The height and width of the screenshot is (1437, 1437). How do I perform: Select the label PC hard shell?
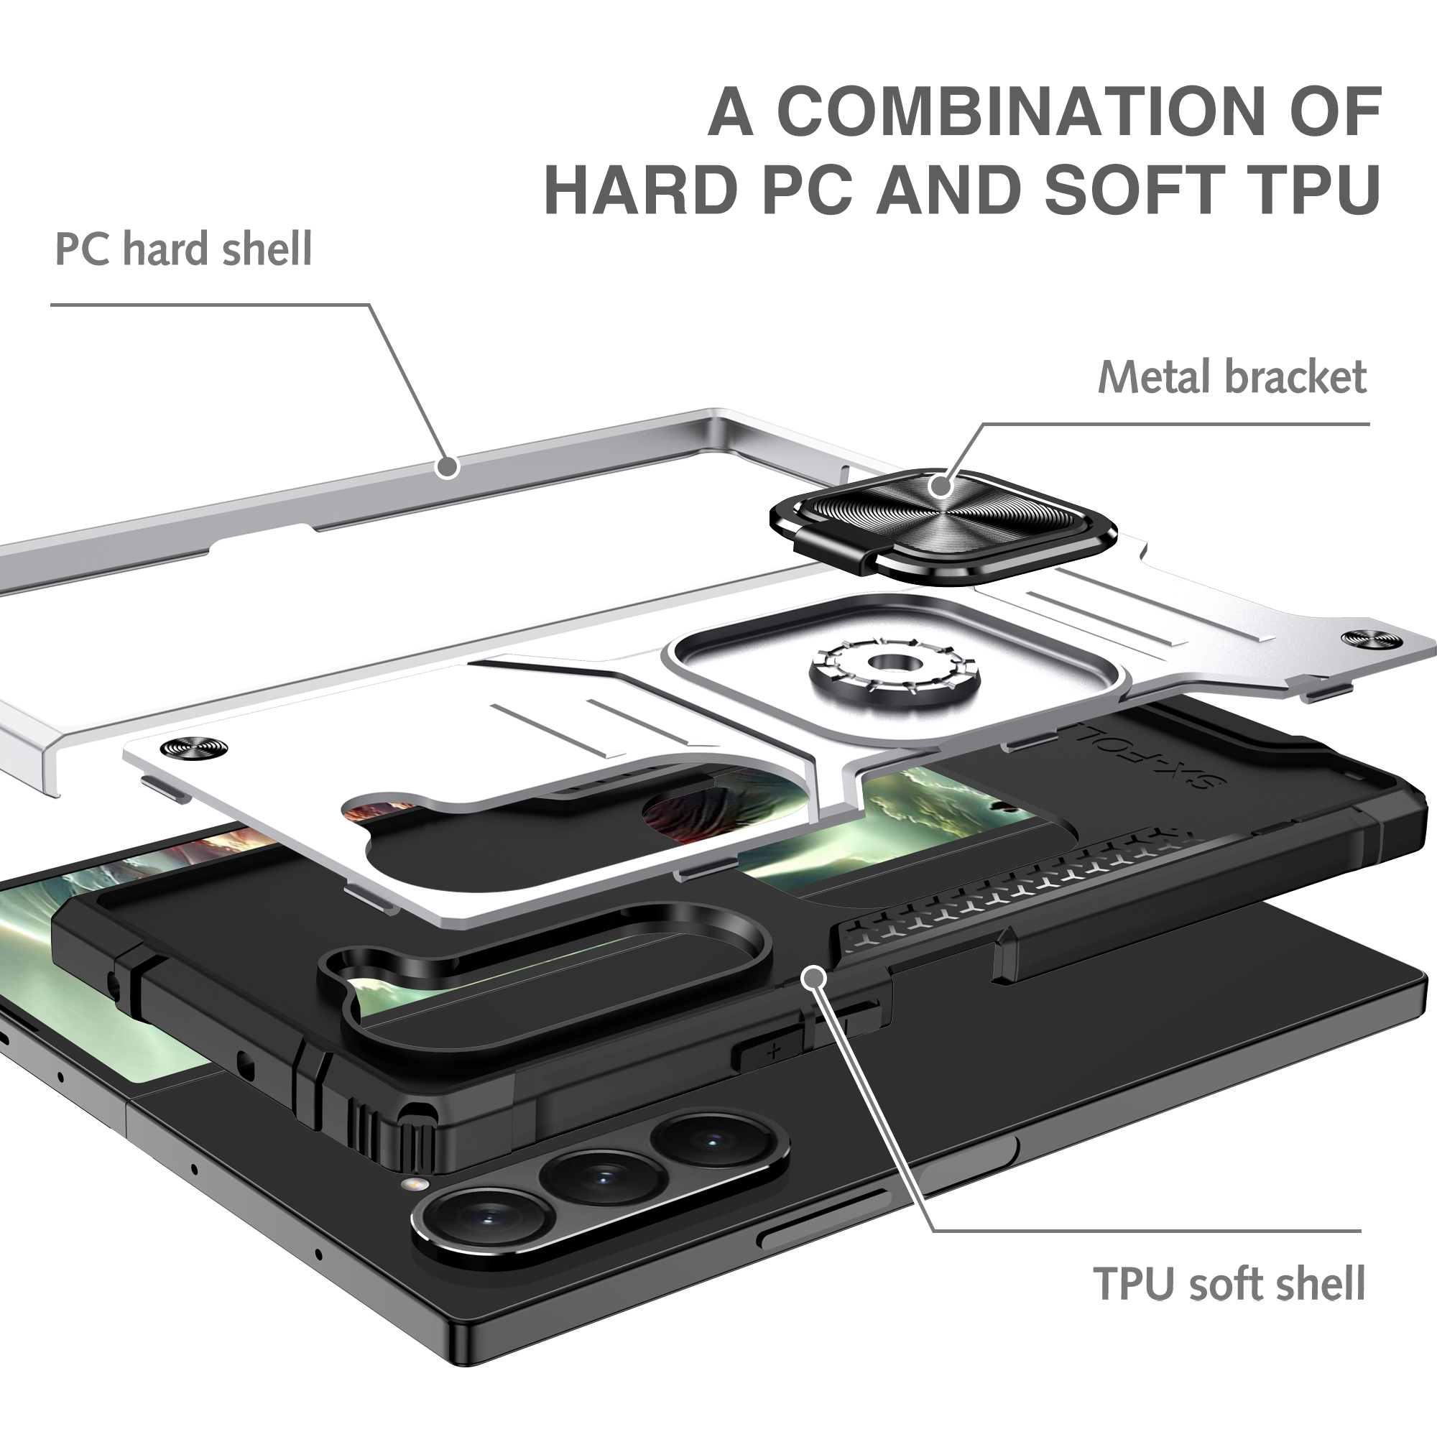184,249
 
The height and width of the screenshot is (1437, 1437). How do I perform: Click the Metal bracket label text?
1232,377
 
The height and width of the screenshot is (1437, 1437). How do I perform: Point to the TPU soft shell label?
1229,1283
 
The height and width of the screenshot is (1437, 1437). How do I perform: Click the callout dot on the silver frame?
448,467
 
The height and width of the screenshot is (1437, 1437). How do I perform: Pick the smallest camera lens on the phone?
712,1138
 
